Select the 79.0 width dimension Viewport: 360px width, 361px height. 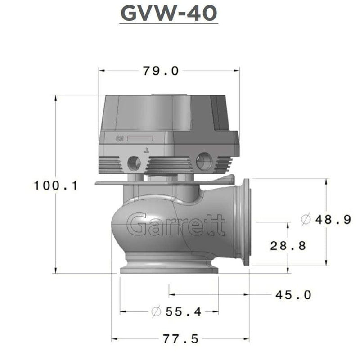tap(161, 71)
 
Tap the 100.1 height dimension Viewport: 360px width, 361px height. tap(56, 185)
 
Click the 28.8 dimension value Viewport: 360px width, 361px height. tap(288, 245)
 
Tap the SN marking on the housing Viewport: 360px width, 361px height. tap(119, 139)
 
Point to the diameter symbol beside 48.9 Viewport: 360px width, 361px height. tap(306, 220)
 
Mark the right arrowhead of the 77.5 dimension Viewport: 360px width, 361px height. tap(248, 339)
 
